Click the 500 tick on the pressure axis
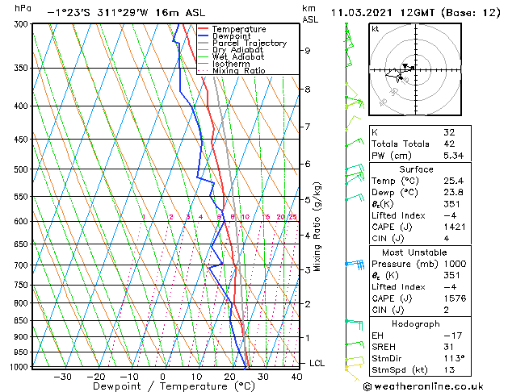pyautogui.click(x=22, y=169)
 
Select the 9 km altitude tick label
pyautogui.click(x=307, y=50)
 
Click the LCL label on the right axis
pyautogui.click(x=317, y=363)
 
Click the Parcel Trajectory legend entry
pyautogui.click(x=249, y=43)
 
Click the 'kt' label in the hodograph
pyautogui.click(x=376, y=28)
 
